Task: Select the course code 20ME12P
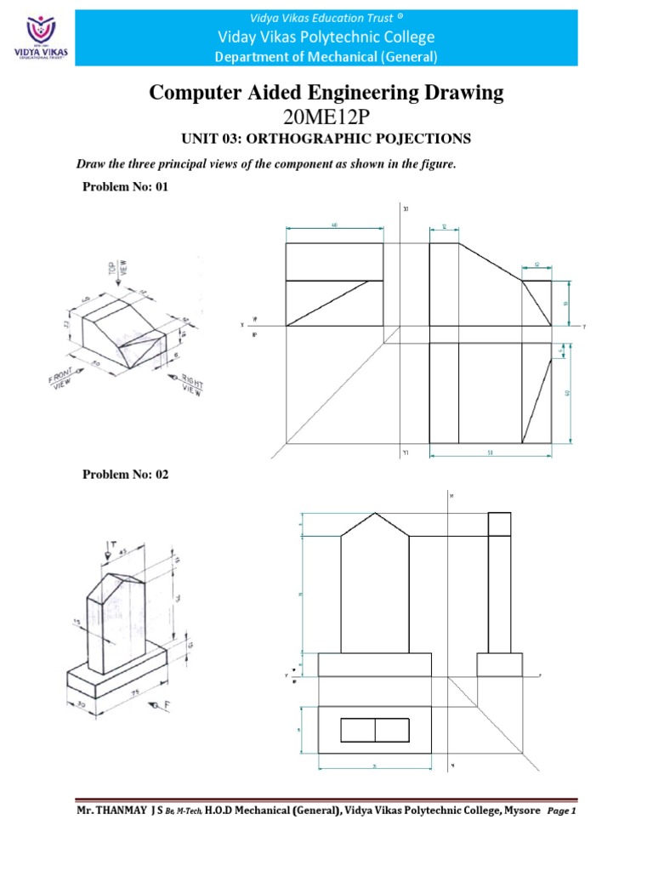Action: tap(326, 116)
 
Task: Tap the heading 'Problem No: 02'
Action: tap(125, 475)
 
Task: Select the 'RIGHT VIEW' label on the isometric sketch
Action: tap(191, 385)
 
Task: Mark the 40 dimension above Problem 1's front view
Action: tap(333, 225)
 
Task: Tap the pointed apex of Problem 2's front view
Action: tap(375, 514)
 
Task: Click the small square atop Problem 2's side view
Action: tap(499, 524)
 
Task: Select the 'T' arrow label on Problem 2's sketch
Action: tap(111, 544)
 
